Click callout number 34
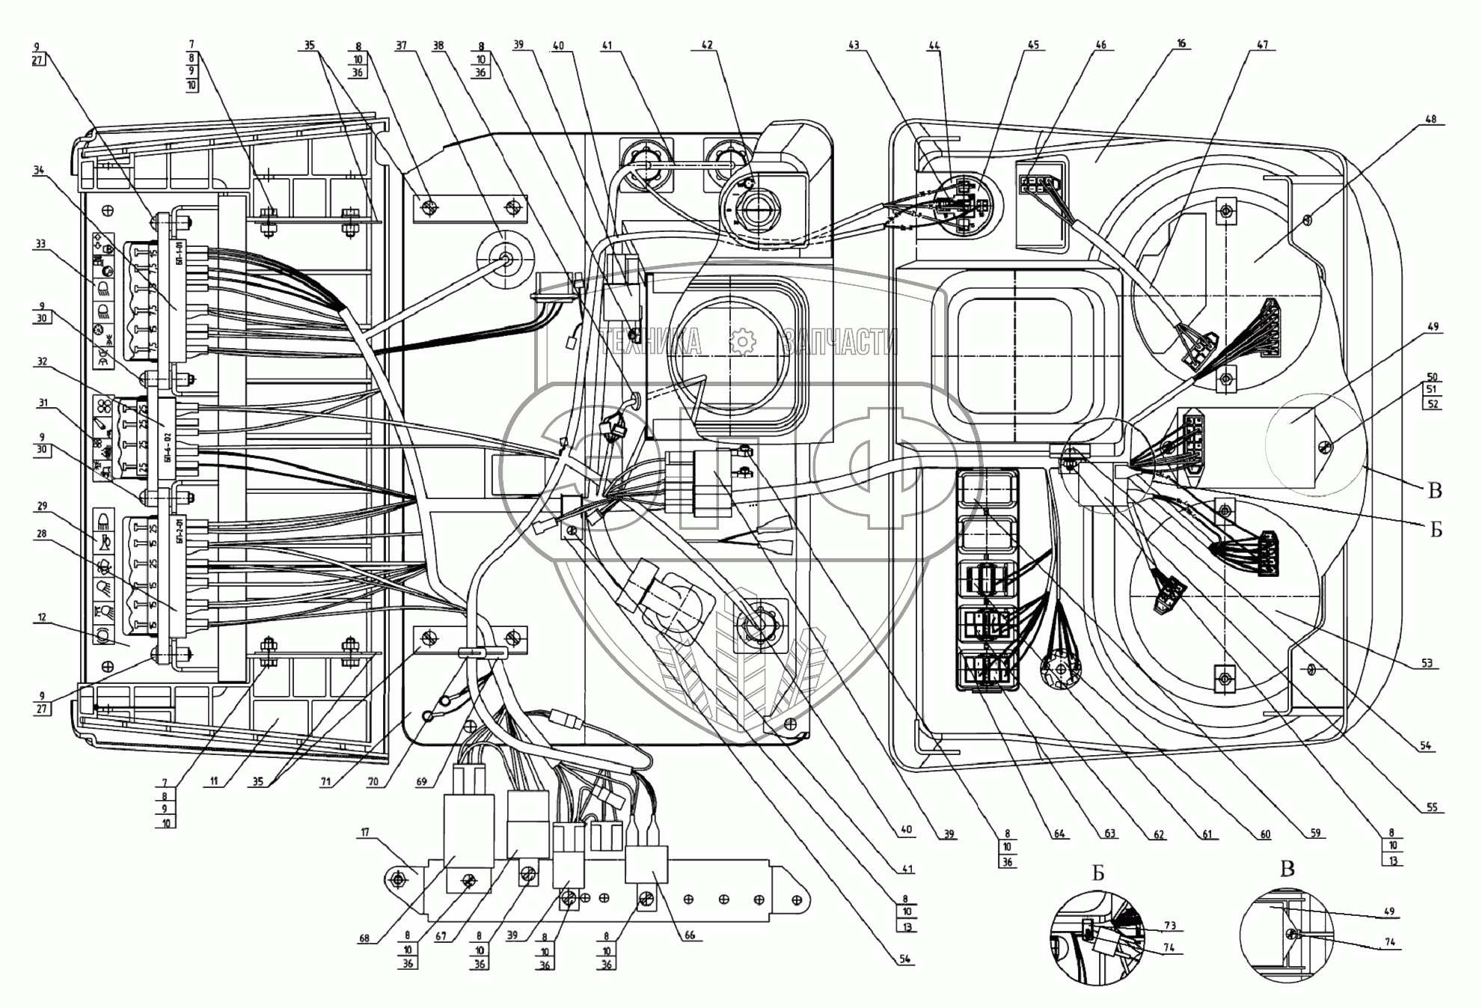39,171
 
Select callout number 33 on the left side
40,244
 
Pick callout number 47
1263,45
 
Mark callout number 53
1427,664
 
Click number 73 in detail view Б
1169,926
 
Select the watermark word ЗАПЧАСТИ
839,343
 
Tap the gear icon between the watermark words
742,342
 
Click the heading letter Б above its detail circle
1097,873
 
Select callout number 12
42,618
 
